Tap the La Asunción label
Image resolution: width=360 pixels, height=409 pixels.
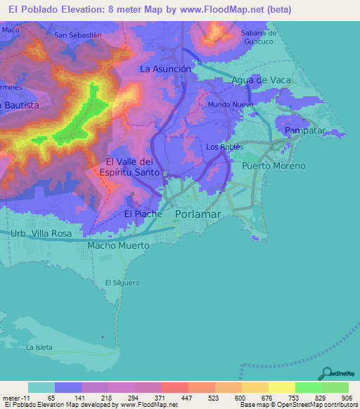pyautogui.click(x=165, y=69)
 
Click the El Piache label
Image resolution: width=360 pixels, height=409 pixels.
pyautogui.click(x=143, y=214)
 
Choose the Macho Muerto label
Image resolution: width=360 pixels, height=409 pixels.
pyautogui.click(x=118, y=246)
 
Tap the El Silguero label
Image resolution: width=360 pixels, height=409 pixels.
pyautogui.click(x=120, y=283)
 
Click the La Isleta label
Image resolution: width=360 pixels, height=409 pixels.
pyautogui.click(x=39, y=347)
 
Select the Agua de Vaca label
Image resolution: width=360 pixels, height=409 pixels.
pyautogui.click(x=262, y=80)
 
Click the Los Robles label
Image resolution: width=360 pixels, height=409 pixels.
pyautogui.click(x=225, y=147)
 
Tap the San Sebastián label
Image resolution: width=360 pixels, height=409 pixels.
pyautogui.click(x=78, y=34)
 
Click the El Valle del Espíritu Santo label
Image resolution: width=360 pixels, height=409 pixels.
pyautogui.click(x=135, y=166)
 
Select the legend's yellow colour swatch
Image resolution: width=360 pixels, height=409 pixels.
pyautogui.click(x=281, y=387)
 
